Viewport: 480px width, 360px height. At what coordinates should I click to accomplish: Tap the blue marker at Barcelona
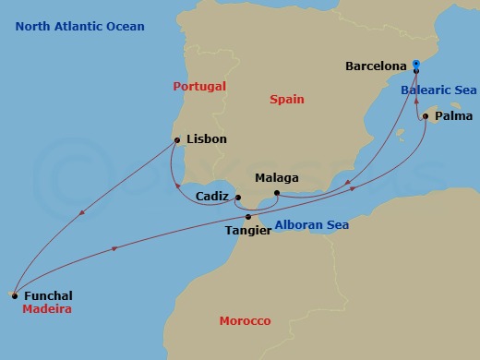tap(416, 65)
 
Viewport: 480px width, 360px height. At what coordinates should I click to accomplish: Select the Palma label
tap(453, 116)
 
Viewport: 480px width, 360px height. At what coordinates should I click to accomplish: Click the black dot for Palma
tap(426, 117)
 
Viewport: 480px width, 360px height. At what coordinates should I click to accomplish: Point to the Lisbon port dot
tap(175, 140)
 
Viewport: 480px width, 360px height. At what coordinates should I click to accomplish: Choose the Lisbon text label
tap(206, 140)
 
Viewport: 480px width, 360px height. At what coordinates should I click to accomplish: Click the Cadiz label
tap(213, 197)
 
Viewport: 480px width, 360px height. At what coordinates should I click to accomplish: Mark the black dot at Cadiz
tap(237, 198)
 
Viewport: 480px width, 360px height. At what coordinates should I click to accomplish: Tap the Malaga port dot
tap(277, 192)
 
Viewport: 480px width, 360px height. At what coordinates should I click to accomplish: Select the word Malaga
tap(277, 177)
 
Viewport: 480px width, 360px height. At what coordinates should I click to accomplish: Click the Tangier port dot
tap(248, 217)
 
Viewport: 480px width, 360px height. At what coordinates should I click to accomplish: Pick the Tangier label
tap(248, 231)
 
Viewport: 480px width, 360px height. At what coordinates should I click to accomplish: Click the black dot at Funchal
tap(14, 294)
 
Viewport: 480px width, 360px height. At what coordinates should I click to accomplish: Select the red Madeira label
tap(47, 309)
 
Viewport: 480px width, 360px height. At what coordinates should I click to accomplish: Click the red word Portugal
tap(199, 86)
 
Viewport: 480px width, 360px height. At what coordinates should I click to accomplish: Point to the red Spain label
tap(286, 99)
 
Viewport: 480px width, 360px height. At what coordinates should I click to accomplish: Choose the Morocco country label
tap(245, 321)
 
